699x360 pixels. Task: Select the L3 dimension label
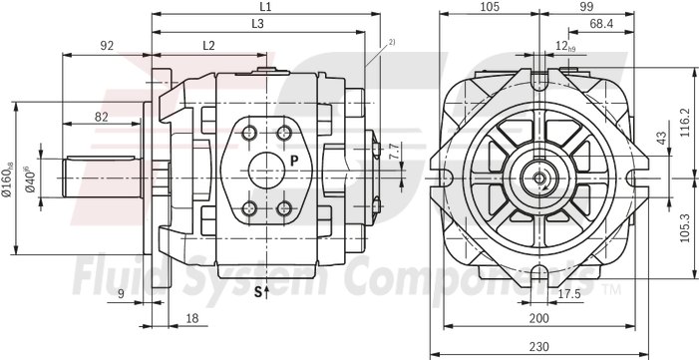click(257, 23)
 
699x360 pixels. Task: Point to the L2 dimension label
click(208, 45)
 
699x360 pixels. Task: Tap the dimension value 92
click(107, 45)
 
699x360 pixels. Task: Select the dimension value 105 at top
click(488, 7)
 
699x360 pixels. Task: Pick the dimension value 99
click(586, 7)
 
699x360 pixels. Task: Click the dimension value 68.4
click(600, 23)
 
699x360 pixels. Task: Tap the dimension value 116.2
click(685, 124)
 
